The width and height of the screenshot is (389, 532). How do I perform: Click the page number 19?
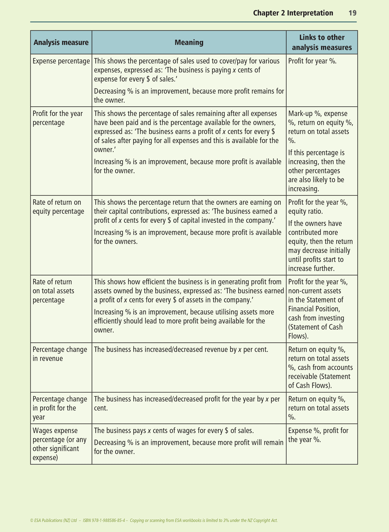[x=352, y=13]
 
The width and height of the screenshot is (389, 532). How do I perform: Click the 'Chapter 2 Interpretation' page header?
[x=293, y=13]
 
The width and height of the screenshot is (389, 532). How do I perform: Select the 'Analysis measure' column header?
[x=61, y=43]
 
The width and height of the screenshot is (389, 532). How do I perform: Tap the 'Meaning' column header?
[x=189, y=43]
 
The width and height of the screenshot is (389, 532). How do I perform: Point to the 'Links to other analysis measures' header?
[x=322, y=43]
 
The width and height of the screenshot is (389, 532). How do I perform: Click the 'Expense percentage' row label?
[x=61, y=61]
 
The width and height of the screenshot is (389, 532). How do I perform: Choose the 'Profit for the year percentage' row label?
[x=58, y=118]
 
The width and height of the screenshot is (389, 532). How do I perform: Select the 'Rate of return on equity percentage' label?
[x=58, y=207]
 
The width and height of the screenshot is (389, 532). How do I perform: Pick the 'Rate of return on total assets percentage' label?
[x=53, y=291]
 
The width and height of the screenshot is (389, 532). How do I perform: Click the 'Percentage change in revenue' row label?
[x=60, y=354]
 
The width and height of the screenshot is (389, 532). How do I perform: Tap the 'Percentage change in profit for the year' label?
[x=60, y=408]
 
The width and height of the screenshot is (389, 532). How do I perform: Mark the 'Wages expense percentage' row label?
[x=59, y=444]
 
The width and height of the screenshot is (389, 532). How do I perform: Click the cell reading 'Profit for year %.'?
[x=312, y=61]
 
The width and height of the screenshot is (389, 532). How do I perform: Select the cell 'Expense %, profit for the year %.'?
[x=318, y=435]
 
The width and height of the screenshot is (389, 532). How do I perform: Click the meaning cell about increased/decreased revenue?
[x=181, y=350]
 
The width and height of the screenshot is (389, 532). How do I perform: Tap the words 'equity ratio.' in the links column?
[x=305, y=212]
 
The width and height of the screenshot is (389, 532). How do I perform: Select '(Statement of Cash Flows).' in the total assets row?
[x=315, y=332]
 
